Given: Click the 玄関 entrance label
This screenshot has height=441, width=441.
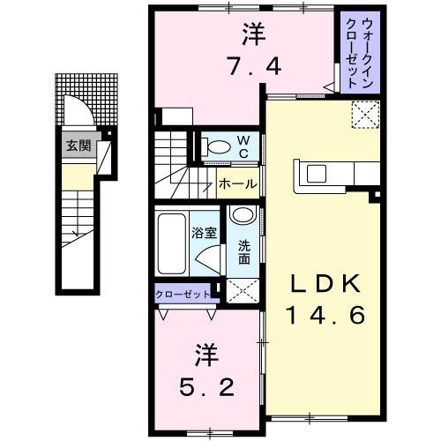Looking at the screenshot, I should coord(77,146).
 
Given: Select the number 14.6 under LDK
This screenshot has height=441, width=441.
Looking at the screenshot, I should coord(323,314).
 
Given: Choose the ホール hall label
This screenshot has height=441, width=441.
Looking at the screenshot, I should coord(237,184).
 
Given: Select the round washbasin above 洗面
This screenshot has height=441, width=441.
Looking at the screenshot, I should coord(242,218).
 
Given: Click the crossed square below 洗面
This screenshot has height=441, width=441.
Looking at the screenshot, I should coord(241,288).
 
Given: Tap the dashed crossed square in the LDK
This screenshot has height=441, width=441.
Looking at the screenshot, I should coord(365,115).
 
